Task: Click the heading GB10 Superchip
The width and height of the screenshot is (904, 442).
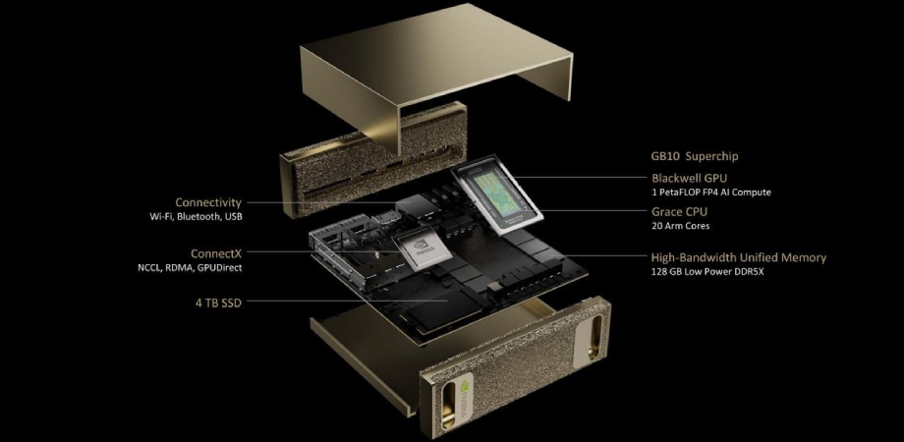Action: tap(695, 155)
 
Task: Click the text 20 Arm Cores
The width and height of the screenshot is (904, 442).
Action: tap(679, 226)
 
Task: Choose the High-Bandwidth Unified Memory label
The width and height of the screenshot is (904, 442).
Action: tap(739, 257)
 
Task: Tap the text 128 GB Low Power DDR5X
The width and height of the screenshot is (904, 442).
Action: tap(708, 272)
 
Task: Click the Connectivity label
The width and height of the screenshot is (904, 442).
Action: tap(208, 202)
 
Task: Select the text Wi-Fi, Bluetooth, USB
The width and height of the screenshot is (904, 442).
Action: tap(196, 217)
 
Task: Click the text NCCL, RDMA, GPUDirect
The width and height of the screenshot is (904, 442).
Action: tap(190, 267)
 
